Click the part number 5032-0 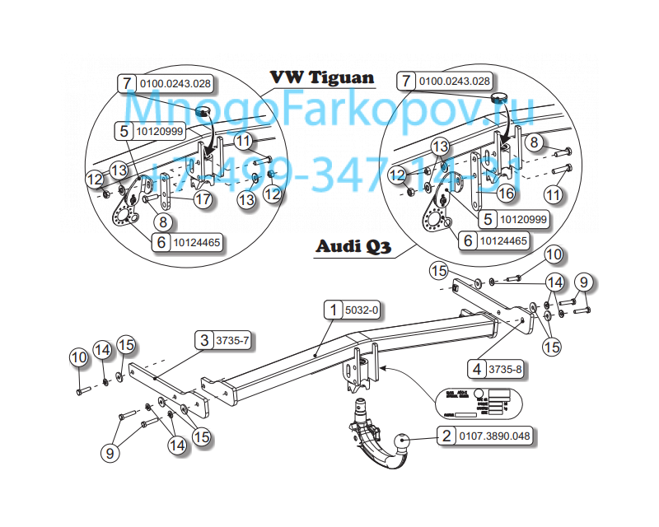pyautogui.click(x=362, y=311)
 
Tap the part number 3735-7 pyautogui.click(x=231, y=340)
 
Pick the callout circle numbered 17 pyautogui.click(x=202, y=199)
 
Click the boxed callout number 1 pyautogui.click(x=334, y=311)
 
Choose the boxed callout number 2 pyautogui.click(x=446, y=438)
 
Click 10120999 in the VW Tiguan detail pyautogui.click(x=160, y=131)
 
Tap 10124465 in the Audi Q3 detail pyautogui.click(x=503, y=241)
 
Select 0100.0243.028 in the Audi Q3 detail pyautogui.click(x=454, y=82)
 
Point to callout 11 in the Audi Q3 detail pyautogui.click(x=553, y=195)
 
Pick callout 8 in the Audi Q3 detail pyautogui.click(x=535, y=143)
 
